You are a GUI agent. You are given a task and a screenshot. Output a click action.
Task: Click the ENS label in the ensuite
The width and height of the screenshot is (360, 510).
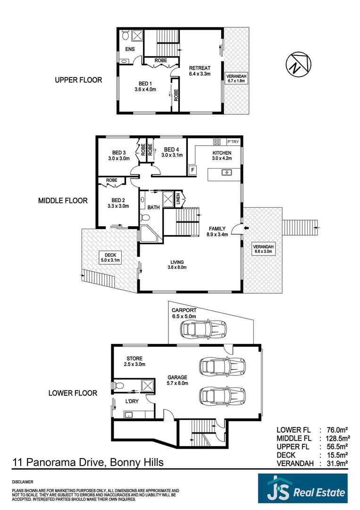tap(130, 50)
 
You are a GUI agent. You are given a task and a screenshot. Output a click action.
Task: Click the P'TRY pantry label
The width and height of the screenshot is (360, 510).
tap(233, 142)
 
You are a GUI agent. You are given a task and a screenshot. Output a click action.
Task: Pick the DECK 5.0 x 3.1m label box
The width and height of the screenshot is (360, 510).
tap(110, 257)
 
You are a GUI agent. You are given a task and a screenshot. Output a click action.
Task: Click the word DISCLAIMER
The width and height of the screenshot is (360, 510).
tap(22, 482)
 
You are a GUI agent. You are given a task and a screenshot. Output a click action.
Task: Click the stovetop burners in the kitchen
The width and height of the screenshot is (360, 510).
tap(218, 142)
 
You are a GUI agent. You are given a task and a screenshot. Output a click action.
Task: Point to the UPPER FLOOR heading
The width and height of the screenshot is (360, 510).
tap(78, 80)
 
